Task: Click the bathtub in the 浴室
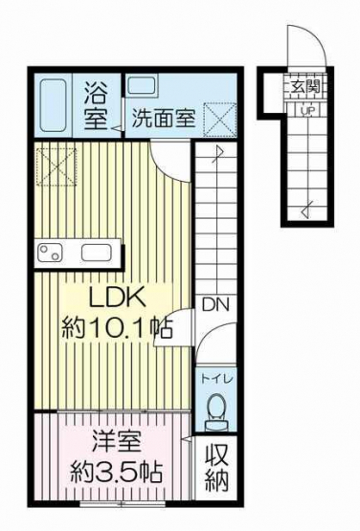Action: click(x=53, y=105)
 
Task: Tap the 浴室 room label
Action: click(x=96, y=105)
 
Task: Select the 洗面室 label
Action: click(x=164, y=118)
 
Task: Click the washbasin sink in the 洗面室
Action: click(x=142, y=86)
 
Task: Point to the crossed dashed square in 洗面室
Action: click(x=219, y=120)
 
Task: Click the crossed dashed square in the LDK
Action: click(x=56, y=166)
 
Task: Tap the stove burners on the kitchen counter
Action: click(x=50, y=253)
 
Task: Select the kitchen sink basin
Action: click(x=96, y=253)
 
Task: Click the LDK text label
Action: click(x=117, y=297)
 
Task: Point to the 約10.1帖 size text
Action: click(x=117, y=327)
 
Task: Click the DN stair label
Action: click(x=215, y=305)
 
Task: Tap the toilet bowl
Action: click(x=215, y=412)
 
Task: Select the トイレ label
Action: click(x=216, y=379)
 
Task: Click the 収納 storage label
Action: click(x=216, y=471)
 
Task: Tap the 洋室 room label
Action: click(x=116, y=441)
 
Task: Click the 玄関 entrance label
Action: click(x=305, y=87)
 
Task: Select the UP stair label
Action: click(x=307, y=110)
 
